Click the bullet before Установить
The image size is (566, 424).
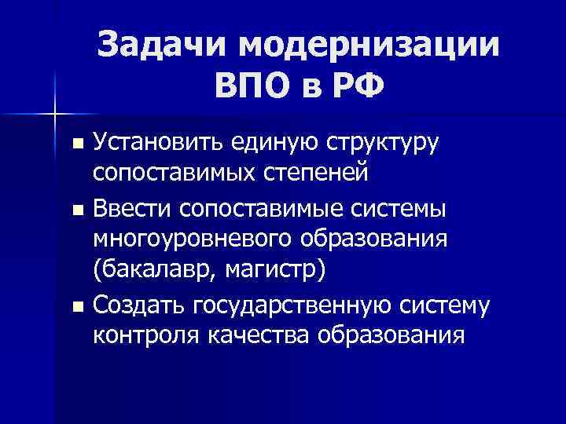[75, 144]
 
